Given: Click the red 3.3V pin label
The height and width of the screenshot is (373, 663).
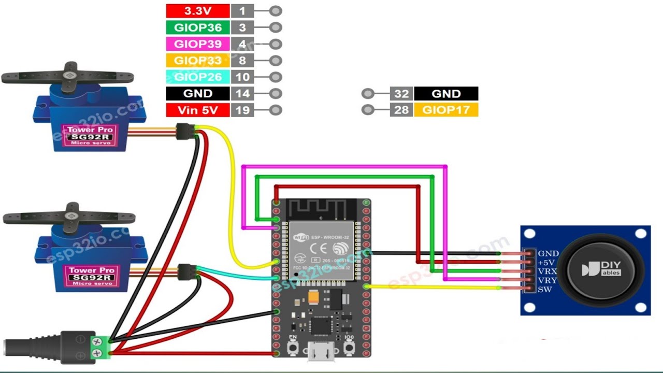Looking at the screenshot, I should (197, 11).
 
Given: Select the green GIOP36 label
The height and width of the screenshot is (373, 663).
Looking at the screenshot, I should (197, 27).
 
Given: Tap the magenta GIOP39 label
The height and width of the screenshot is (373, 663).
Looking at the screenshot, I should (197, 44).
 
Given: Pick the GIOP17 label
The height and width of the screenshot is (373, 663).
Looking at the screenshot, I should (446, 110).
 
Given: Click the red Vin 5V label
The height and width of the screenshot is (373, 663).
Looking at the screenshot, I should (197, 110).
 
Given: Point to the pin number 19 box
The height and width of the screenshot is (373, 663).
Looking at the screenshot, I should (242, 110).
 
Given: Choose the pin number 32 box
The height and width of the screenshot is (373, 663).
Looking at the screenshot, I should (401, 94).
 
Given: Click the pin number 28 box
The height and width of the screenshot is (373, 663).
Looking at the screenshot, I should (401, 110).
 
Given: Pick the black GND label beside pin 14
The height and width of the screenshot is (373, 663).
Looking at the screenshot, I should (197, 94).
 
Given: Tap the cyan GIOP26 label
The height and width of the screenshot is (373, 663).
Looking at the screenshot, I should (197, 77).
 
